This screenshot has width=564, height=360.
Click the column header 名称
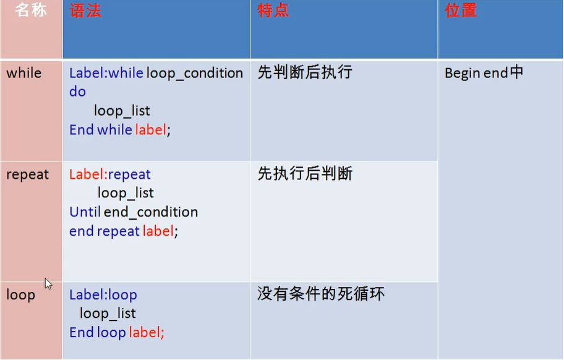click(31, 11)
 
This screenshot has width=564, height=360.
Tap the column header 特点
click(273, 11)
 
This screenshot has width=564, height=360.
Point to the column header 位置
click(461, 11)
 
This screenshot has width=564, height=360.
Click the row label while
click(23, 73)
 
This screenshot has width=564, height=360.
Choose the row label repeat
click(27, 174)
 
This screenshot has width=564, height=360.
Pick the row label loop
click(20, 295)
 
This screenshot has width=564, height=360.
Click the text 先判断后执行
click(305, 72)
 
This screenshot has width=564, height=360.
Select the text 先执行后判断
click(305, 174)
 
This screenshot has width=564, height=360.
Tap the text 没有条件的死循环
click(321, 293)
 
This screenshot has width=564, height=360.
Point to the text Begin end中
click(484, 73)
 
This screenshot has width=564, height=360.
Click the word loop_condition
click(195, 73)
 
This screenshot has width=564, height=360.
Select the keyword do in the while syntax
click(77, 92)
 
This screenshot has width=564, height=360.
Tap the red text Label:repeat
click(110, 174)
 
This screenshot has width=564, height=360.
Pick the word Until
click(85, 212)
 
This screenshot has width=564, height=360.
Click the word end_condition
click(151, 212)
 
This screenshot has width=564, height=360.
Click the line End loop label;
click(117, 333)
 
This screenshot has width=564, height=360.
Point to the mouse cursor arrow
click(48, 283)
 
